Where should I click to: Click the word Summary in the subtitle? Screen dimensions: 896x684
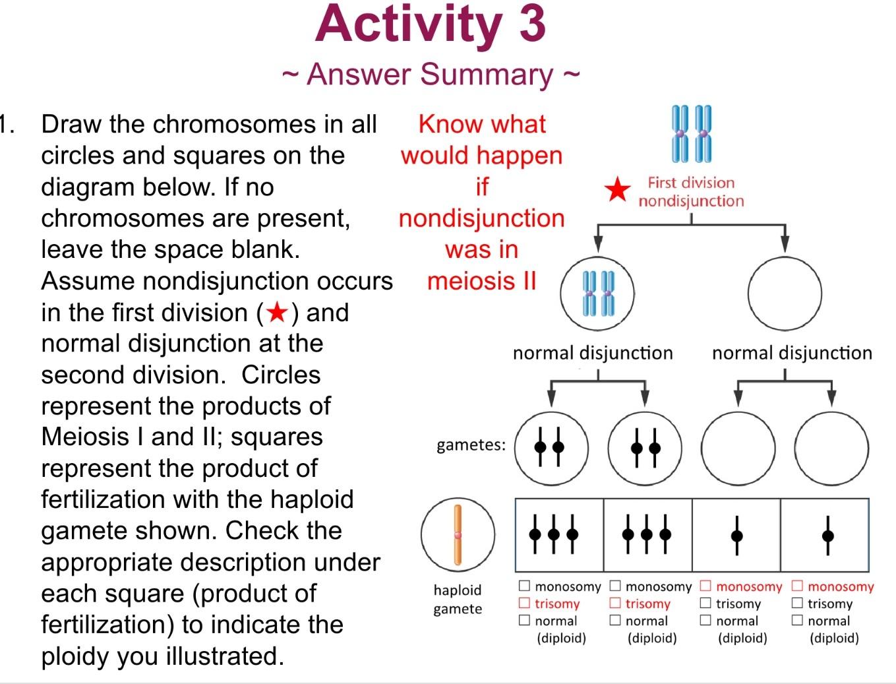[x=486, y=75]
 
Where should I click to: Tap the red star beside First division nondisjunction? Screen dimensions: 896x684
[x=617, y=189]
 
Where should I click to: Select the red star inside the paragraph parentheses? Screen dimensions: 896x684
[x=278, y=313]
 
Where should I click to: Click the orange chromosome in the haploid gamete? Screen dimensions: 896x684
[x=458, y=535]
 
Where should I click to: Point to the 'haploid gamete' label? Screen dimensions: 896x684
[x=458, y=600]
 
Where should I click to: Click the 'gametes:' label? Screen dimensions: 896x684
[x=471, y=445]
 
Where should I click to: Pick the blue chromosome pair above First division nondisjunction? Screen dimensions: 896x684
[x=692, y=134]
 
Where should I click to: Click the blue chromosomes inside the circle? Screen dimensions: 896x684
[x=598, y=294]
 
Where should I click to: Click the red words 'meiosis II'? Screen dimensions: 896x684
[x=482, y=282]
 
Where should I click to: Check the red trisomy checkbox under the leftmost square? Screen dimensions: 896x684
[x=524, y=603]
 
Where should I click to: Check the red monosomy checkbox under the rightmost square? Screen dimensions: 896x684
[x=797, y=586]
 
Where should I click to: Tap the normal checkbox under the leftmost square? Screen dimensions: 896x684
[x=524, y=620]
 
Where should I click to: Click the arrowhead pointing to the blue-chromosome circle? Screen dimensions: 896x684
[x=598, y=244]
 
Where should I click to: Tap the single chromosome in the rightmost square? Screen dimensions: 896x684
[x=828, y=536]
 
